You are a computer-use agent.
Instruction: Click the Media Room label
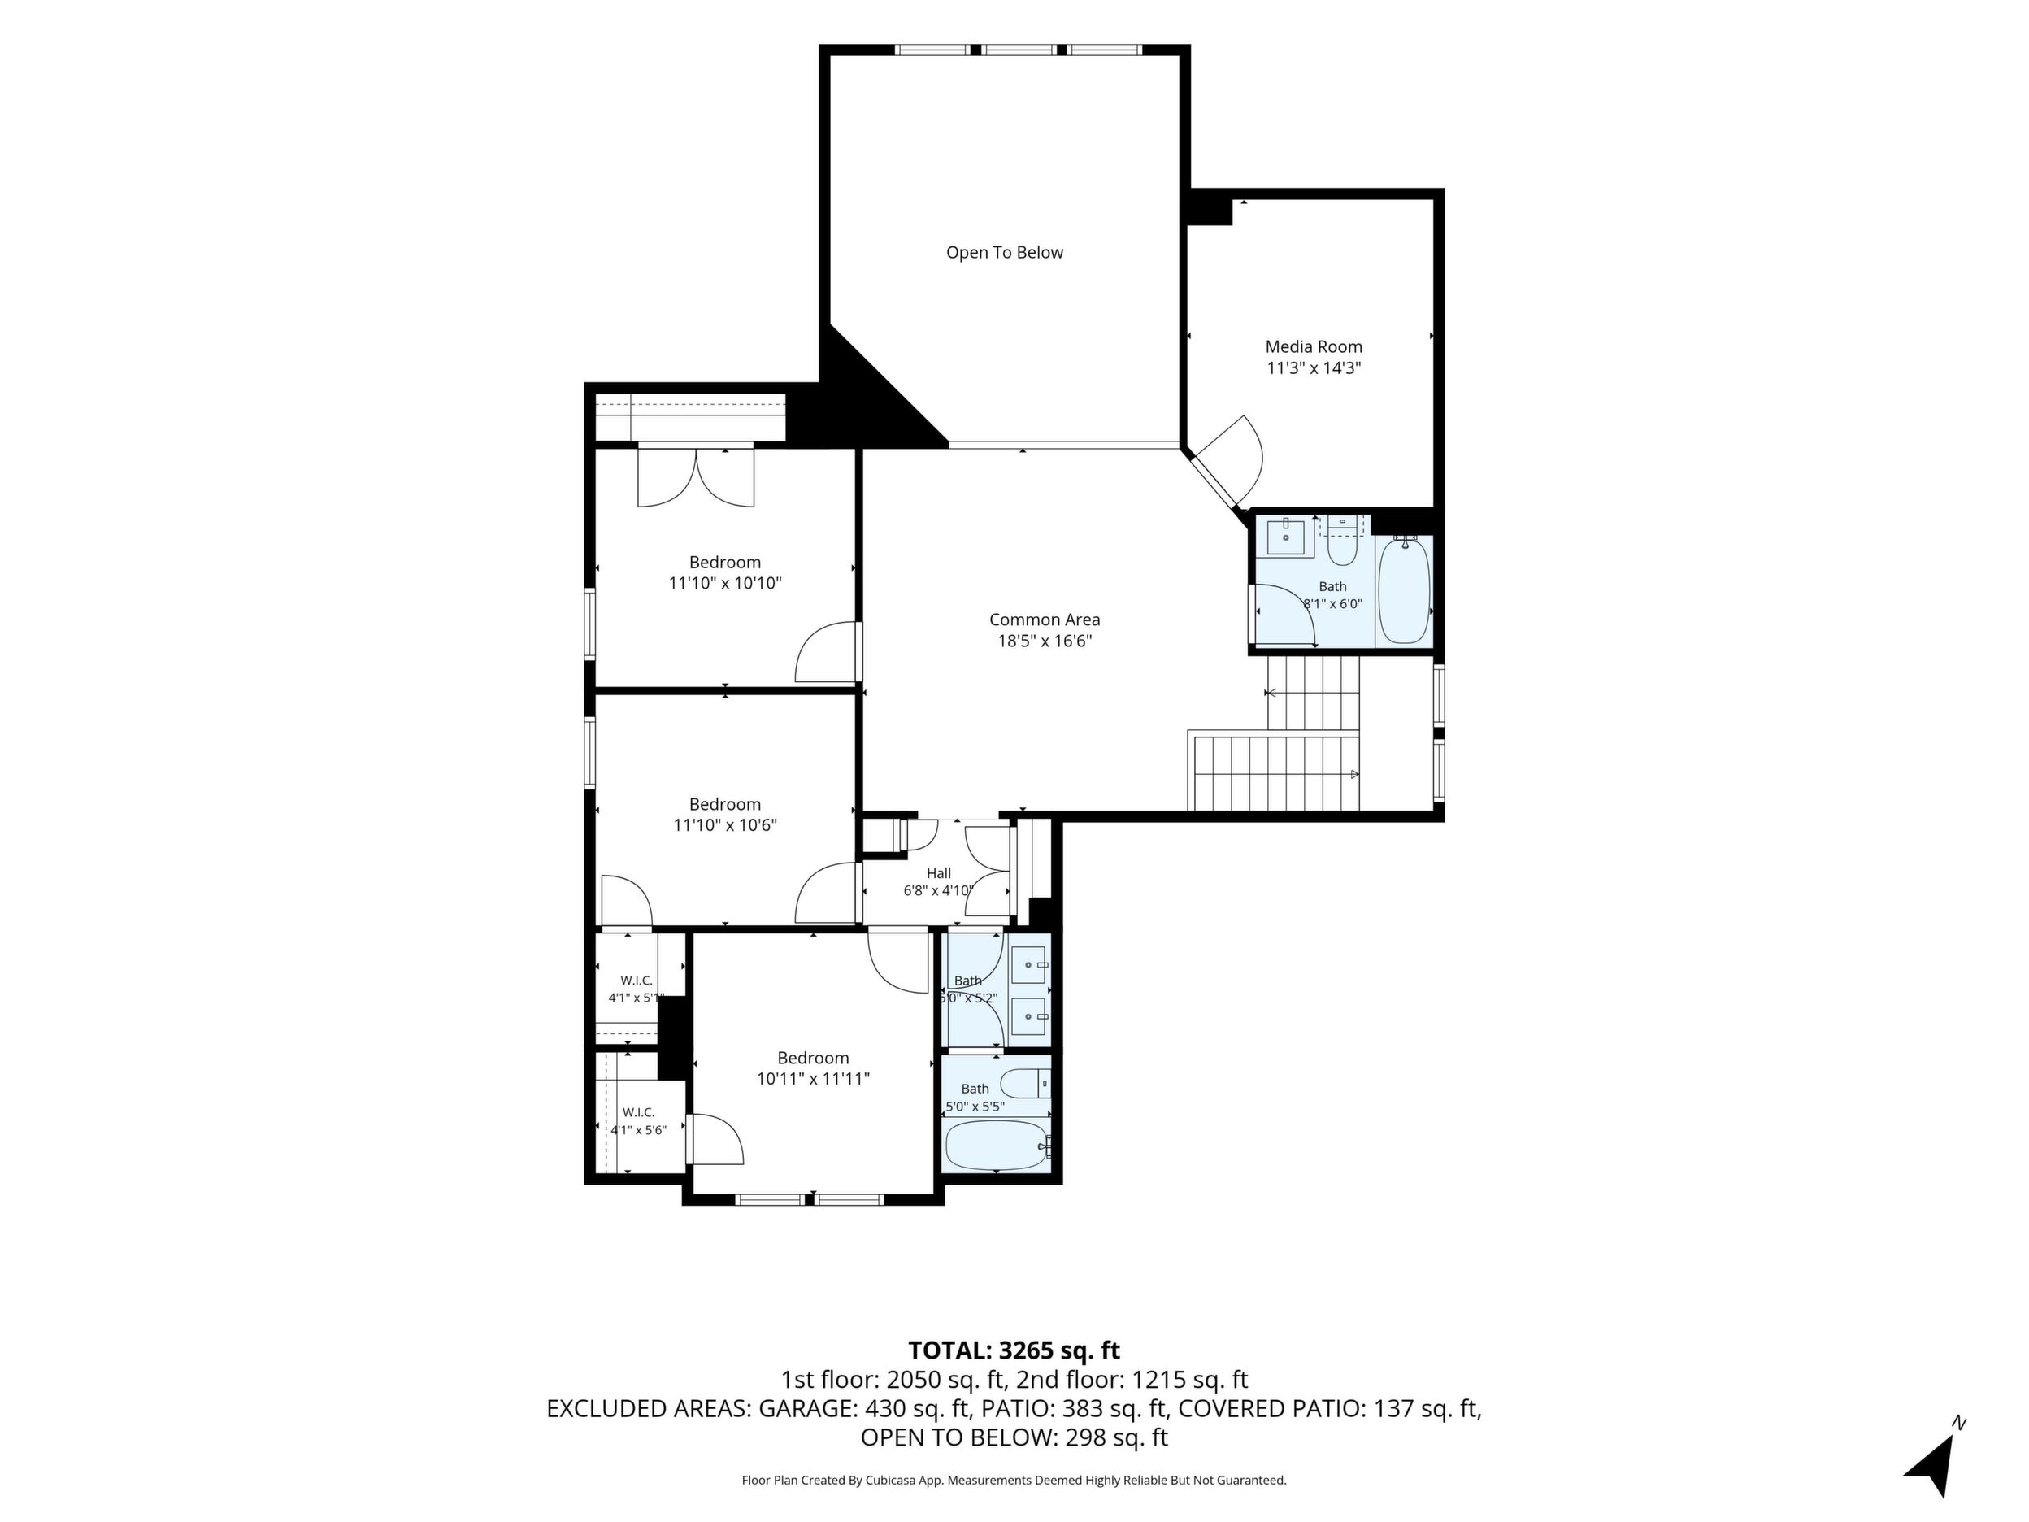1314,347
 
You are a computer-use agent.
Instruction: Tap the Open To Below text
1005,252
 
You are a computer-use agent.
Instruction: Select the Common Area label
1045,620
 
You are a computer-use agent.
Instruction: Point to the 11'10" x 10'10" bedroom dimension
724,583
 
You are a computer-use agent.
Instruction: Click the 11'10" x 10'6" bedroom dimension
724,824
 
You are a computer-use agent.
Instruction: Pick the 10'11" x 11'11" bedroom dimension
813,1079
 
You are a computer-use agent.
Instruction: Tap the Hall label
938,873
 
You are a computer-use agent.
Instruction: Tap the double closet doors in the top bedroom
696,477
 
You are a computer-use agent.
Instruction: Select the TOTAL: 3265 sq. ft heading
1014,1350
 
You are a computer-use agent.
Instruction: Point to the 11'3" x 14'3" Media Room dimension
1314,367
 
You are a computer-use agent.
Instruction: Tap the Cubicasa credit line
1014,1480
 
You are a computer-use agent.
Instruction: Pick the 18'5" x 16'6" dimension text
1045,641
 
